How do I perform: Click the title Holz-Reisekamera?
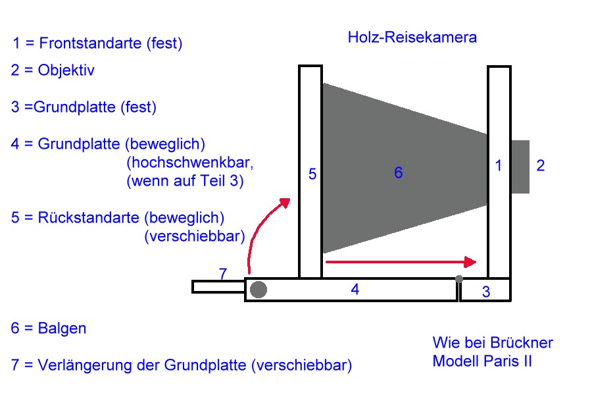point(412,38)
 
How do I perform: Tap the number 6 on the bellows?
point(398,173)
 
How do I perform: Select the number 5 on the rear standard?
point(312,174)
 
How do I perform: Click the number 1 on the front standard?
point(499,167)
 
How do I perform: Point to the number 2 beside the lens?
point(540,166)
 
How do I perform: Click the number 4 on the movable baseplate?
point(355,288)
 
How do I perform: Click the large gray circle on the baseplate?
point(259,289)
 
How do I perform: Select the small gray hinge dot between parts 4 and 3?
point(458,279)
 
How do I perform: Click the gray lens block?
point(520,167)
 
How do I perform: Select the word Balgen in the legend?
point(62,328)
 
